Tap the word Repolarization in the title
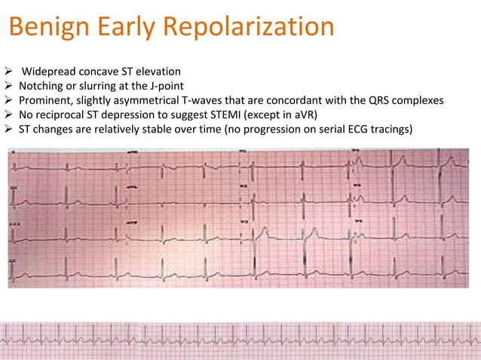[x=248, y=28]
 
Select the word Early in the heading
[x=123, y=28]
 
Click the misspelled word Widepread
[x=47, y=72]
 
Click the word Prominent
[x=47, y=100]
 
